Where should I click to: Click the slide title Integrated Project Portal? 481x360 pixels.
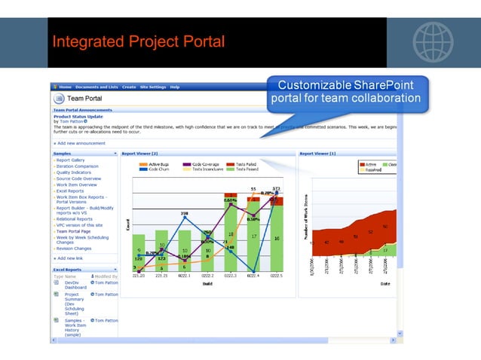tap(139, 41)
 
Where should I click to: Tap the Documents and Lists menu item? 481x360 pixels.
tap(96, 87)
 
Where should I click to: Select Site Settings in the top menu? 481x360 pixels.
tap(153, 87)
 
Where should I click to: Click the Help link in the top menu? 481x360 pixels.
tap(175, 87)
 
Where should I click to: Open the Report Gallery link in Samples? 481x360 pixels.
tap(71, 160)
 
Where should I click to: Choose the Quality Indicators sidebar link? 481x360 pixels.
tap(74, 172)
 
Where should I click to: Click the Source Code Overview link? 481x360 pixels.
tap(78, 178)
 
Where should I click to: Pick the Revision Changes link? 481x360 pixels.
tap(74, 248)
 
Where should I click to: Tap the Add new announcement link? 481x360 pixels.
tap(81, 143)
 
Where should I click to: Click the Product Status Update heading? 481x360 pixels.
tap(78, 116)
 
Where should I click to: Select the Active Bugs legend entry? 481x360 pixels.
tap(160, 163)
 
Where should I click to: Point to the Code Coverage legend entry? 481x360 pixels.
tap(206, 163)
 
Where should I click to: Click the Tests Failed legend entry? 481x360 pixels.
tap(246, 163)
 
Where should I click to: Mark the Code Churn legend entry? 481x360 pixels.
tap(158, 169)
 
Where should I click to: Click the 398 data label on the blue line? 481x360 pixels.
tap(184, 213)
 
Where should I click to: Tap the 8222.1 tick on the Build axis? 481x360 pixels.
tap(184, 277)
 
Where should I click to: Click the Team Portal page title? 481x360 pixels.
tap(85, 99)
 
